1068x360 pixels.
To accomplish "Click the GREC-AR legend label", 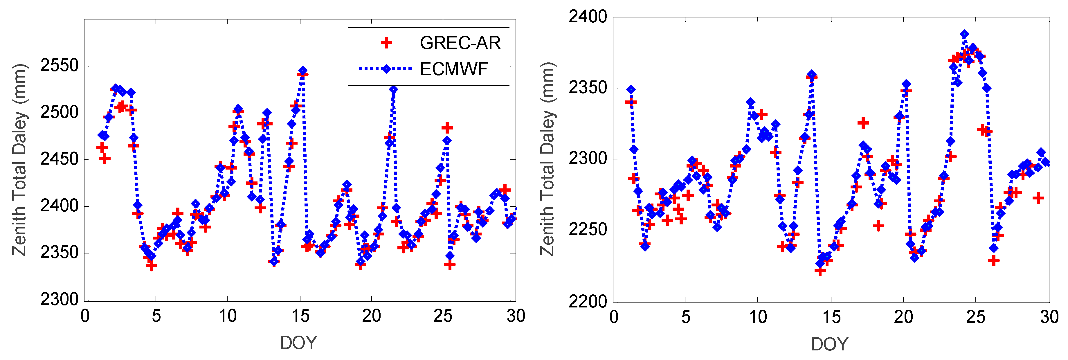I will [x=460, y=43].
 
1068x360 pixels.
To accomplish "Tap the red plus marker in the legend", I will [x=386, y=43].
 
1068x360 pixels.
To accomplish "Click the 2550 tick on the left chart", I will [x=59, y=66].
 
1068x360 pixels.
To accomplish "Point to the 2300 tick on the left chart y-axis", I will [x=59, y=299].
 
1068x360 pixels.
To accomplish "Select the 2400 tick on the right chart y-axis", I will [x=588, y=17].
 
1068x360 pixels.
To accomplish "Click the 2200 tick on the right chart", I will [x=588, y=302].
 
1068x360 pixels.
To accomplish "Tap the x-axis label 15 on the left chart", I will [x=300, y=316].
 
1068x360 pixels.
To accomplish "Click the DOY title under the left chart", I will [x=298, y=343].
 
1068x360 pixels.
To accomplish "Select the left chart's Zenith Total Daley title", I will [x=19, y=160].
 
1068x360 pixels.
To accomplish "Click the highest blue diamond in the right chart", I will [x=965, y=34].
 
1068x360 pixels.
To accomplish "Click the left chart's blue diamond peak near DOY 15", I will [x=303, y=71].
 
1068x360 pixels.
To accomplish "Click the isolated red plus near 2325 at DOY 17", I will [x=863, y=123].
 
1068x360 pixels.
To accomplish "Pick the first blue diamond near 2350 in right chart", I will [x=631, y=90].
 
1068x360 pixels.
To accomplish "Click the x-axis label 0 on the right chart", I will [x=614, y=317].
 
